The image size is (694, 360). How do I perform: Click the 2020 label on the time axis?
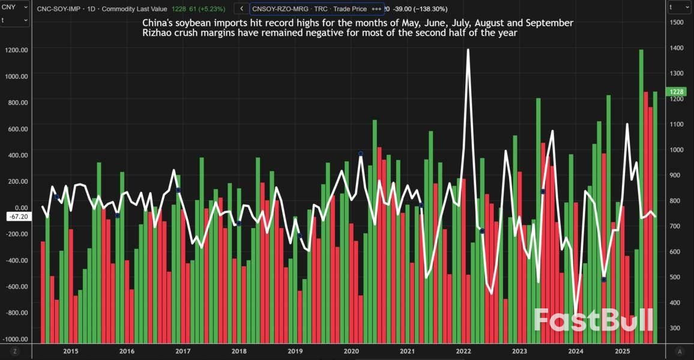click(351, 351)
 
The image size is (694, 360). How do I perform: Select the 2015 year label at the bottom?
click(70, 351)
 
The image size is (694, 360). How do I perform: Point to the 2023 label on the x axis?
click(519, 351)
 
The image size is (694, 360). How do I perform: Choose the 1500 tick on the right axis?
click(677, 22)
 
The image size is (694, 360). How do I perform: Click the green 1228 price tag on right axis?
click(677, 92)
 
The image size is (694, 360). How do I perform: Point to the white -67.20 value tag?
click(19, 217)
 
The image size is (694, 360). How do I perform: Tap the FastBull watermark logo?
click(593, 320)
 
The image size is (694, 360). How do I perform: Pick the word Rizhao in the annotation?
click(157, 33)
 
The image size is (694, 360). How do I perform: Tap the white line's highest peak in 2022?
click(468, 50)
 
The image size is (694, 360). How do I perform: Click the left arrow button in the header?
click(241, 9)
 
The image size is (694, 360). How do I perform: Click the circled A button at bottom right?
click(679, 351)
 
